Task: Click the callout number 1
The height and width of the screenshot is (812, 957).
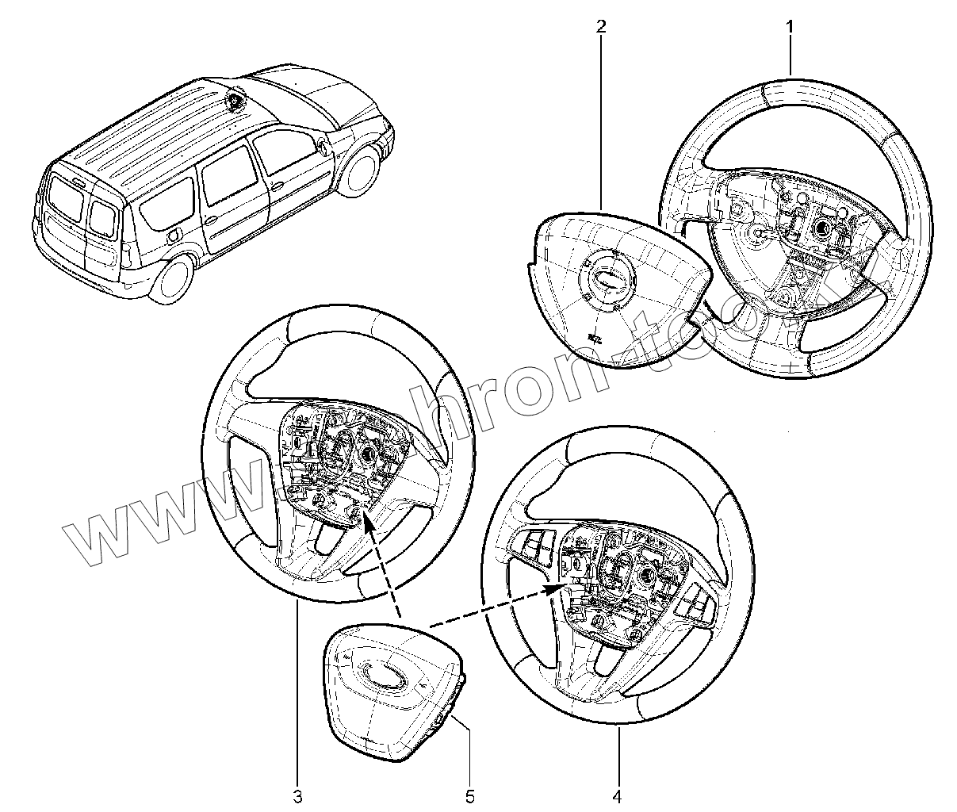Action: point(790,27)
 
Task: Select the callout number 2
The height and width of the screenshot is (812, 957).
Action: point(600,27)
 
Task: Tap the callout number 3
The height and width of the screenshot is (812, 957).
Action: point(297,795)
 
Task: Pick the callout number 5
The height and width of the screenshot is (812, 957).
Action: point(469,795)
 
